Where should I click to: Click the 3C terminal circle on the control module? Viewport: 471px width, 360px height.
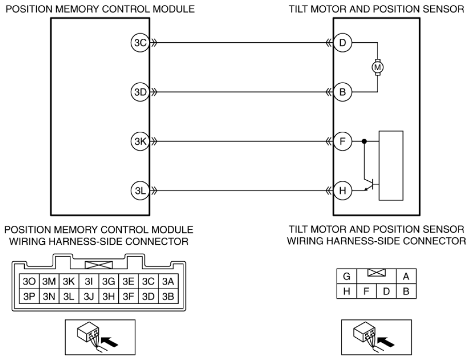140,43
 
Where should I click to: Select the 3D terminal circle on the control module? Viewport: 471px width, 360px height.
140,92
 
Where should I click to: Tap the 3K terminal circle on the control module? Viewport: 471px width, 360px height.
140,141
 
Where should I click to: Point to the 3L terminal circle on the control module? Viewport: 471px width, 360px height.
140,191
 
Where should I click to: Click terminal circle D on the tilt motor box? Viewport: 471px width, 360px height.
342,43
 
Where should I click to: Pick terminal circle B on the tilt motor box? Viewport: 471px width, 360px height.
342,92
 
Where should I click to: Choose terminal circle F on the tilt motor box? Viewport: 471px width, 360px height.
342,141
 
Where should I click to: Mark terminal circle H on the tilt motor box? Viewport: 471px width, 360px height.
342,191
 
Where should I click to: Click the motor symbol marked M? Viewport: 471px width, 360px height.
378,67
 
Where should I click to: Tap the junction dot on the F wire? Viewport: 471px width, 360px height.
364,141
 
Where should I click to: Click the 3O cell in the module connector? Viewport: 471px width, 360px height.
29,281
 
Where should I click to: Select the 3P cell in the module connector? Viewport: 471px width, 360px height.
29,296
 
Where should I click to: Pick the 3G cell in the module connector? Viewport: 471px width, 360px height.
108,281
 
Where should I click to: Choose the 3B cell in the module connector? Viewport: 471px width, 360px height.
168,296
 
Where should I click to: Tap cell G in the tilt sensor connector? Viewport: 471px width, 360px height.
347,276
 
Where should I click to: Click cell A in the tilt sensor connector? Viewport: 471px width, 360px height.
406,276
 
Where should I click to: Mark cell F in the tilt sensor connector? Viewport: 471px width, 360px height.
367,291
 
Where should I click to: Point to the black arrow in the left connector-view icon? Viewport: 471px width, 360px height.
109,342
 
